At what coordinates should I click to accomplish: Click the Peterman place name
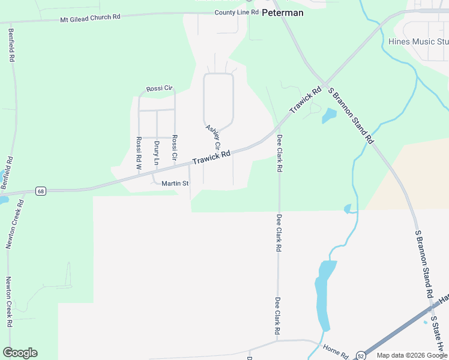(x=283, y=12)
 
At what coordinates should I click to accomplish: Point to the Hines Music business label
(x=418, y=41)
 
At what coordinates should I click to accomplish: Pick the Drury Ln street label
(x=156, y=153)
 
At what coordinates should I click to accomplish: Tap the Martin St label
(x=175, y=183)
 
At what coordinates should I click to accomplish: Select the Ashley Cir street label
(x=214, y=137)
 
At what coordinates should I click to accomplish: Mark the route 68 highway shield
(x=40, y=191)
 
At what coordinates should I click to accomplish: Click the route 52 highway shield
(x=360, y=355)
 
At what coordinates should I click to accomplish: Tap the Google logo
(x=20, y=353)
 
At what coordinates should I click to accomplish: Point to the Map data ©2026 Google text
(x=412, y=355)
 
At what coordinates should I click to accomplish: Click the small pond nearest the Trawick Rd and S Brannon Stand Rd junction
(x=329, y=115)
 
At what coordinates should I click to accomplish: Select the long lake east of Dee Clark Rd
(x=323, y=294)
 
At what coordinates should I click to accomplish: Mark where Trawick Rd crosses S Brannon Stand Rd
(x=324, y=83)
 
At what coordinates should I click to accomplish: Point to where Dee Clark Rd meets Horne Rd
(x=278, y=340)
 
